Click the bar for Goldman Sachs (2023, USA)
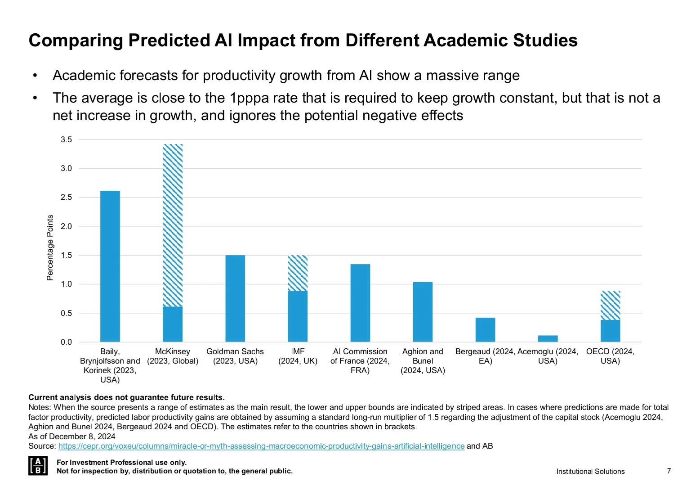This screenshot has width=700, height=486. pos(235,298)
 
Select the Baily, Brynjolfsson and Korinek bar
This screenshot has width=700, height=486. pos(110,266)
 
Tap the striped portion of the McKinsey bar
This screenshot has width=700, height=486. pos(173,225)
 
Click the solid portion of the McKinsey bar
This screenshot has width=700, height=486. pos(173,324)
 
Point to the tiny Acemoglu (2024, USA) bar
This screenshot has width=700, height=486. pos(548,338)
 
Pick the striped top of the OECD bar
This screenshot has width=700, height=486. pos(610,306)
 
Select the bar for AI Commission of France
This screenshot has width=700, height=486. pos(360,303)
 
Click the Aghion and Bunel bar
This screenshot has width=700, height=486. pos(423,312)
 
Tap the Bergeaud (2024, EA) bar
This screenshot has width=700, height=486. pos(485,330)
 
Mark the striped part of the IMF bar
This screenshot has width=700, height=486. pos(298,273)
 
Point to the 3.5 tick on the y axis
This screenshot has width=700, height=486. pos(67,139)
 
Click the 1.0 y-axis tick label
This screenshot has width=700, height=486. pos(67,284)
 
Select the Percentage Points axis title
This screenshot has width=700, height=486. pos(50,247)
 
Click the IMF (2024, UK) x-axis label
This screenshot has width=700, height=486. pos(298,356)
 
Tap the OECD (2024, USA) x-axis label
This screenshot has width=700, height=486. pos(610,356)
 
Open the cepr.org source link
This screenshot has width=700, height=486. pos(261,446)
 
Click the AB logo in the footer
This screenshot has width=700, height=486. pos(37,465)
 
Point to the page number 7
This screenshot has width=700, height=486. pos(669,471)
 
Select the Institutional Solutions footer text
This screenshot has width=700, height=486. pos(590,471)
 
